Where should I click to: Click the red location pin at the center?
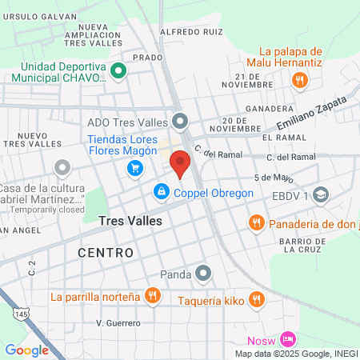180,163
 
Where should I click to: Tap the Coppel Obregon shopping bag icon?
162,192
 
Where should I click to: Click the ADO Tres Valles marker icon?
181,122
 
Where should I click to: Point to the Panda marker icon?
204,274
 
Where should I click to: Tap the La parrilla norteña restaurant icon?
152,297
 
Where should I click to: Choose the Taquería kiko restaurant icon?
256,299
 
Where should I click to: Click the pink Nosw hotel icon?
289,339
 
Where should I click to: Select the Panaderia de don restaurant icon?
257,222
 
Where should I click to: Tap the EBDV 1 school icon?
321,194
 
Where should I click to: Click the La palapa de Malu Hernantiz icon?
299,78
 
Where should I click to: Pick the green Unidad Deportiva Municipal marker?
118,71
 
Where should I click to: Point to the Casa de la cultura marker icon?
62,168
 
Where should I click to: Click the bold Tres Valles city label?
130,220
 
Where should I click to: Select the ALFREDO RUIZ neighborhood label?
191,32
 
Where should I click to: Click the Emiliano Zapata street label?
313,112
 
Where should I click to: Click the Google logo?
26,350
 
